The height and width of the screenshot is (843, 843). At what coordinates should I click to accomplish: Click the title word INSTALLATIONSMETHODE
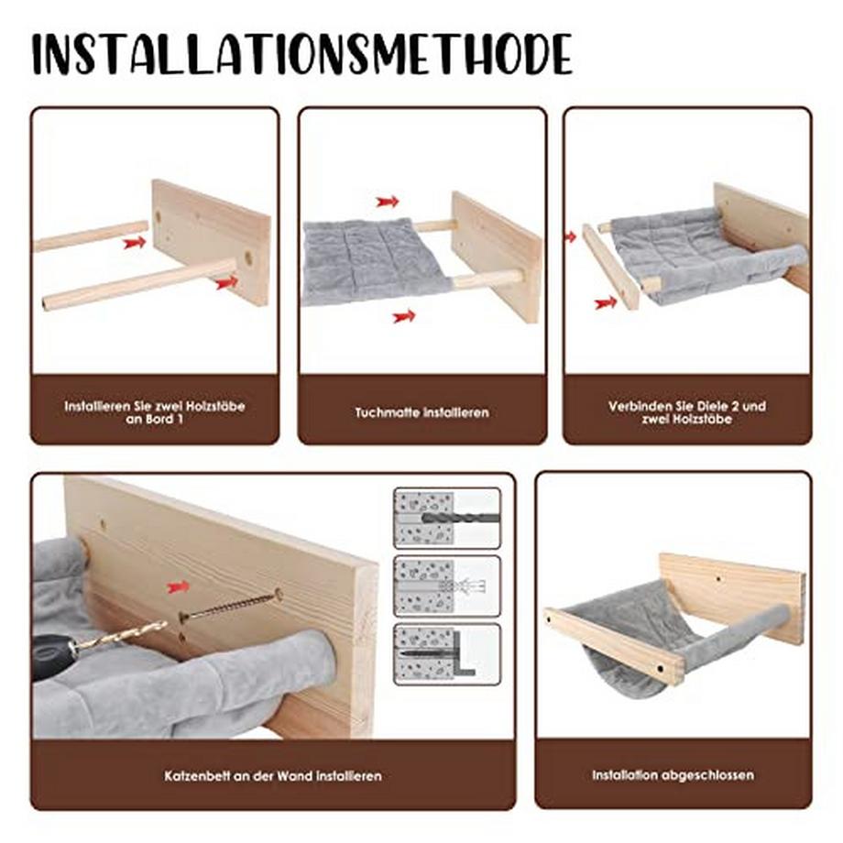[301, 54]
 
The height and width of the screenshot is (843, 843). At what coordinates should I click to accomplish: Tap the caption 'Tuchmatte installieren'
[421, 412]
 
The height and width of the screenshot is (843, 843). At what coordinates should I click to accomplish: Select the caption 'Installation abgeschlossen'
[673, 775]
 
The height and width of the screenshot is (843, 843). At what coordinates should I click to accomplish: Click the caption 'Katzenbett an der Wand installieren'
[272, 776]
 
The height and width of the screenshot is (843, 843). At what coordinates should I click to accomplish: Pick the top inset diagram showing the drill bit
[447, 518]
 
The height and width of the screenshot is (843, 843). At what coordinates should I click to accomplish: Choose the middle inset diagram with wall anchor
[447, 586]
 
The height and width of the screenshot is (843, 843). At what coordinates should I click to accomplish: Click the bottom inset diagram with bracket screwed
[447, 653]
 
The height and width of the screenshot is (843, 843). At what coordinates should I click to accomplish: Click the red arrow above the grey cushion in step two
[388, 202]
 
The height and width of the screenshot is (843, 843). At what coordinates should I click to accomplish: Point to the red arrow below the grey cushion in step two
[403, 316]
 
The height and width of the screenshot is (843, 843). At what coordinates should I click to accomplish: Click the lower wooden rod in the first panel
[137, 285]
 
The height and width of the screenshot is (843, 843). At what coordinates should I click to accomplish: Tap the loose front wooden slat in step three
[610, 267]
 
